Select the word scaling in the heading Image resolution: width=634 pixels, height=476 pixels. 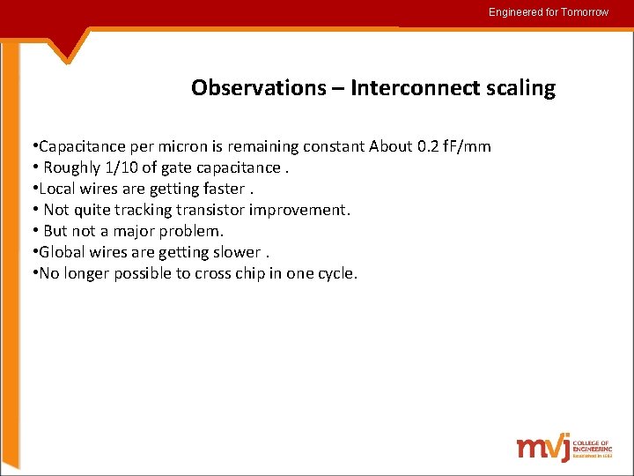click(517, 88)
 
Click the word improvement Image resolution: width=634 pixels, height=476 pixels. click(299, 210)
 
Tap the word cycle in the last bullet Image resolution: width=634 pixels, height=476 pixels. click(335, 273)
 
